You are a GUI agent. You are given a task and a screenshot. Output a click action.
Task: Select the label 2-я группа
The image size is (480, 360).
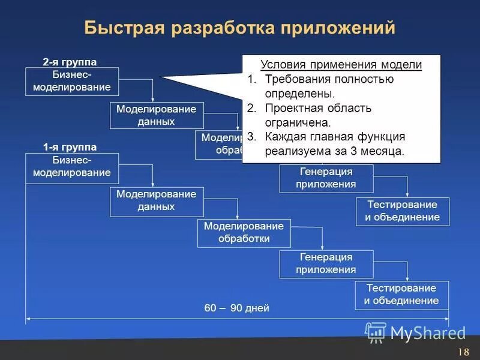point(70,62)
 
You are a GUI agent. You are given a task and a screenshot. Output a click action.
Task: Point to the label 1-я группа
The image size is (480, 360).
point(70,147)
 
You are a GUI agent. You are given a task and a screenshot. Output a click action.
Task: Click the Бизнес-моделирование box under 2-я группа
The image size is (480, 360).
point(72,82)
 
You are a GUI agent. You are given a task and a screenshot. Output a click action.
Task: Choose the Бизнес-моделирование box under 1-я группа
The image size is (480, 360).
point(72,167)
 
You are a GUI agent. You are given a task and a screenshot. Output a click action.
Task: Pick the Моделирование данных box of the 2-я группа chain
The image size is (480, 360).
point(156,115)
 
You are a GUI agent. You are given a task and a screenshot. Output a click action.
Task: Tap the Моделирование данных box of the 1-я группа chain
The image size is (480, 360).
point(156,201)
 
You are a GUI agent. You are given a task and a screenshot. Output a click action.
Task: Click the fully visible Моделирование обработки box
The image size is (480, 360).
point(244,233)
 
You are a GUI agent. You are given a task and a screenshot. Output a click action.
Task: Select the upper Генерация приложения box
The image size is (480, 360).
point(326,178)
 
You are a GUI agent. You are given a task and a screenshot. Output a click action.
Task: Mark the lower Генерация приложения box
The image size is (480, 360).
point(326,263)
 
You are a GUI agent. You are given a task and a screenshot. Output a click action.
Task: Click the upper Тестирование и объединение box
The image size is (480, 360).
point(402,211)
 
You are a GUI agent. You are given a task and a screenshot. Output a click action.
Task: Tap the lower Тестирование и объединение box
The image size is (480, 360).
point(401,295)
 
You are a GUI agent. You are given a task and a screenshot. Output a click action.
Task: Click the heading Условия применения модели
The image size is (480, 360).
point(341,65)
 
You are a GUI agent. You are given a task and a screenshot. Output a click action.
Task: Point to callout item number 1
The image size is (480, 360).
point(252,79)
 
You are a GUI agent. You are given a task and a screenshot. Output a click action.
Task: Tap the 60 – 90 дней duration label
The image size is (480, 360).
point(237,308)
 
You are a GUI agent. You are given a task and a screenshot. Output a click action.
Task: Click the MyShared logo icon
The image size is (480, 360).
point(376,332)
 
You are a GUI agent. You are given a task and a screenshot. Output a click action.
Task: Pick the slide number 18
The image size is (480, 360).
point(463,352)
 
